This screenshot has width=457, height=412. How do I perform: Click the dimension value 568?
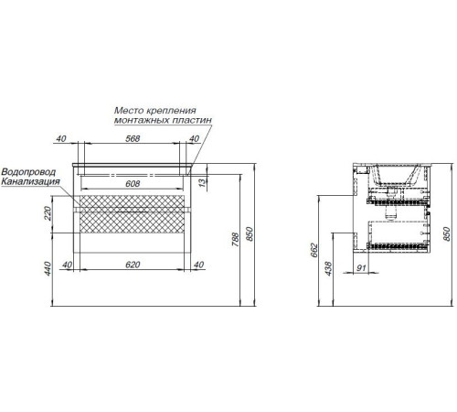coord(133,138)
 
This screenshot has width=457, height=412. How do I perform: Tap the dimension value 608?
coord(133,183)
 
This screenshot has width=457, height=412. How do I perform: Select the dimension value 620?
coord(133,265)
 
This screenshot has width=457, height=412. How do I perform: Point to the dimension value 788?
coord(235,240)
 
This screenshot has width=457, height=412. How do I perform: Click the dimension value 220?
coord(48,213)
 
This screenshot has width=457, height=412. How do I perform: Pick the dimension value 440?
coord(48,268)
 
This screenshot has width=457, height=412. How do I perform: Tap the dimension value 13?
coord(203,183)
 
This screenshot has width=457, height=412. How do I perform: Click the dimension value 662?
coord(314,250)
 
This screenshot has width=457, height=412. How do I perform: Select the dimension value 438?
coord(329,268)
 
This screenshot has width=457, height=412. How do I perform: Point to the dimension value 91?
coord(361,268)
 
